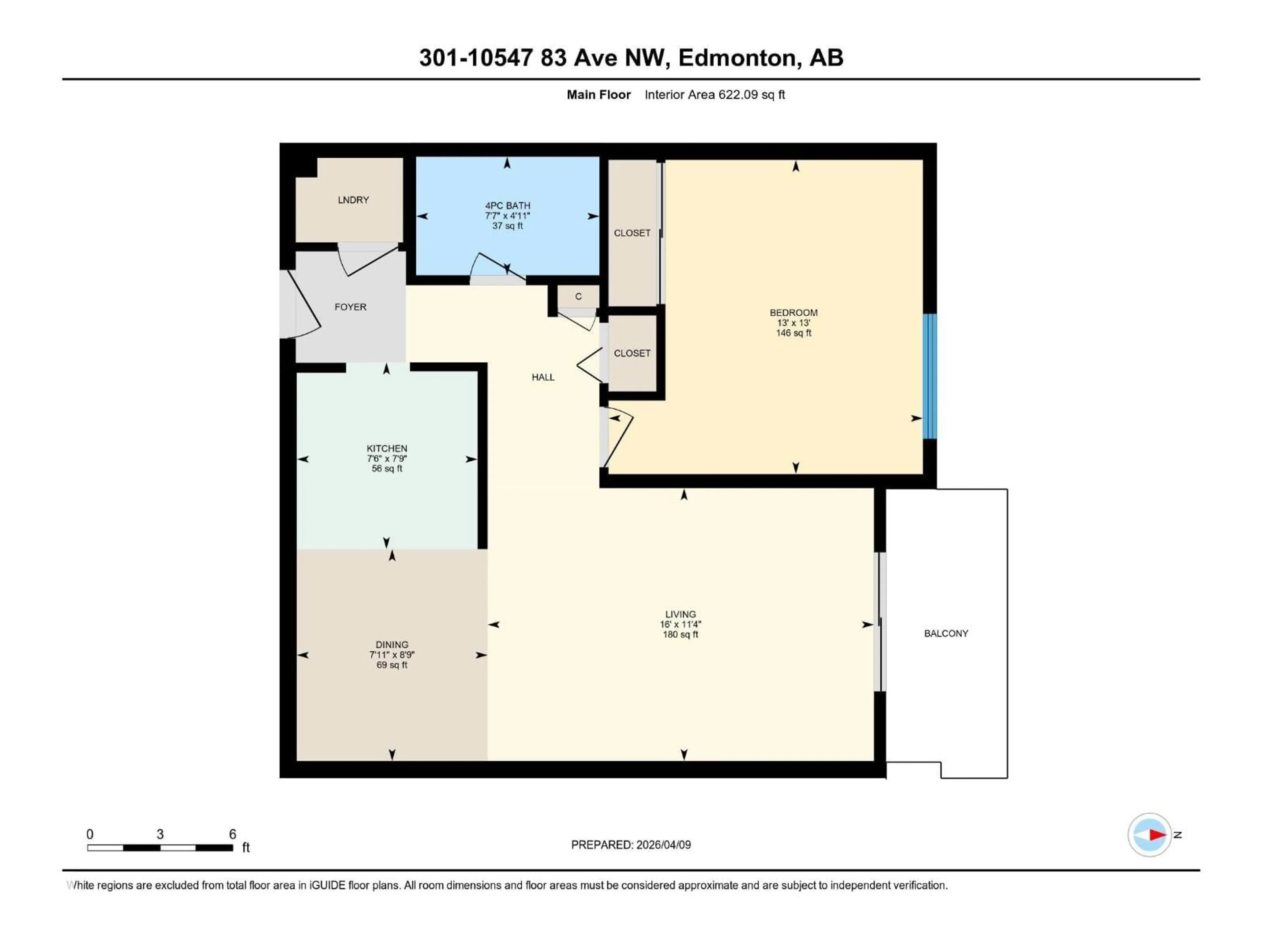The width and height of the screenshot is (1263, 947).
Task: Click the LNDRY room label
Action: coord(353,200)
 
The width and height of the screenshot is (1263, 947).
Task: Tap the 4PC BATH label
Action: coord(507,206)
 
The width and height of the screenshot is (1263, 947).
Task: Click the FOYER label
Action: coord(350,307)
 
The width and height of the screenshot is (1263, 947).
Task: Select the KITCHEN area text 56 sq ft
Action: coord(386,469)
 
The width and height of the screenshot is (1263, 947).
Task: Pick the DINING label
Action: coord(392,644)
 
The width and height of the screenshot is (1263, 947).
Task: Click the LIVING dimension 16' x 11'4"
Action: coord(680,624)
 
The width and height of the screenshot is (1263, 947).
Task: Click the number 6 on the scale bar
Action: coord(233,834)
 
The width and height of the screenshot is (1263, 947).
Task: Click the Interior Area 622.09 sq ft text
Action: coord(714,95)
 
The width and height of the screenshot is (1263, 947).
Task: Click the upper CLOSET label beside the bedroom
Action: coord(631,233)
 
